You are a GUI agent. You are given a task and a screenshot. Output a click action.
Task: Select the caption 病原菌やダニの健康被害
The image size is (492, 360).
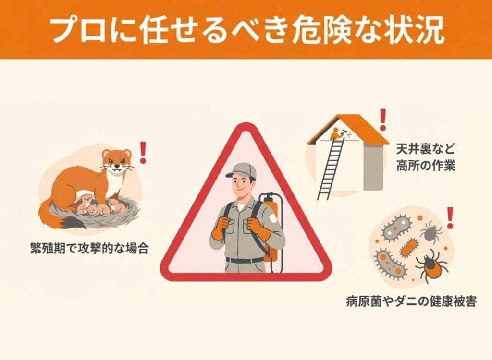[411, 301]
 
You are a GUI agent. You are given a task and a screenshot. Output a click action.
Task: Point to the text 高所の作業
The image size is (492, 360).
[426, 165]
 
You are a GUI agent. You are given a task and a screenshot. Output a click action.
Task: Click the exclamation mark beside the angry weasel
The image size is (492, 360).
[143, 153]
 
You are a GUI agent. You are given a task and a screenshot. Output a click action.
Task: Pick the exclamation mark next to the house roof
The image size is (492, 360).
[383, 120]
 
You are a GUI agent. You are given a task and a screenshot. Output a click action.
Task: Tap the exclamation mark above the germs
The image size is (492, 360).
[450, 218]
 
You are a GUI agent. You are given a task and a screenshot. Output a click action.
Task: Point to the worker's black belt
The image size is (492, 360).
[245, 260]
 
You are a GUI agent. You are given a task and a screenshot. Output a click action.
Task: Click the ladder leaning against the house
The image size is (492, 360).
[330, 168]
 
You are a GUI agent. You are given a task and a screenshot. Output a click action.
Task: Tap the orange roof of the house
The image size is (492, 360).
[348, 129]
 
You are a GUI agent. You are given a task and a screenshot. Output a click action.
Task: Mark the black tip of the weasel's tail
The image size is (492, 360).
[73, 223]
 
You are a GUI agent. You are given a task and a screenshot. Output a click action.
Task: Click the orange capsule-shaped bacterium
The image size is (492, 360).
[409, 247]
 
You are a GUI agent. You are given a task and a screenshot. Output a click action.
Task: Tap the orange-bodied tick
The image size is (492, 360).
[431, 265]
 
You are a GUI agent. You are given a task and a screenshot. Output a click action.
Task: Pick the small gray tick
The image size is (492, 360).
[431, 232]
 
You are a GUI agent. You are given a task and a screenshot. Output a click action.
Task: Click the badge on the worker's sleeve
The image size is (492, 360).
[273, 217]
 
